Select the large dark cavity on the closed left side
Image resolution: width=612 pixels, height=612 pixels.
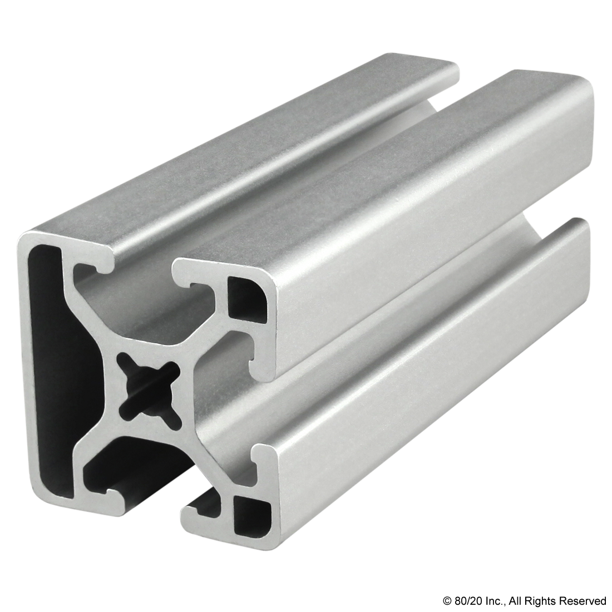pyautogui.click(x=49, y=356)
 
